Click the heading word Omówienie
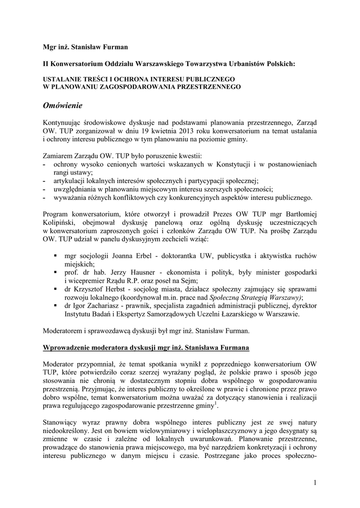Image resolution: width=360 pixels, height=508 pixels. click(x=62, y=105)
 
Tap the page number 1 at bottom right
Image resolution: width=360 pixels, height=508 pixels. click(x=315, y=483)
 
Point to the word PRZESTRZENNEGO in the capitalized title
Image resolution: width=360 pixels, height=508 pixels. click(x=206, y=87)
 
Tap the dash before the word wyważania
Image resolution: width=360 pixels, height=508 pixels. click(x=45, y=197)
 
